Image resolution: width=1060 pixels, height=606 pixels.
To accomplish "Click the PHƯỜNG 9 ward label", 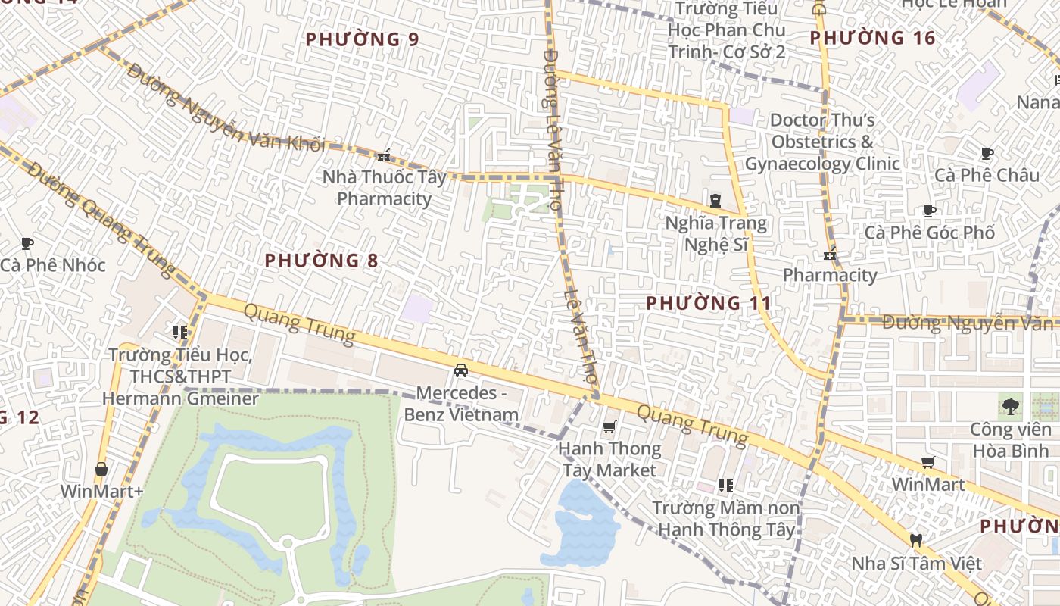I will click(x=362, y=39).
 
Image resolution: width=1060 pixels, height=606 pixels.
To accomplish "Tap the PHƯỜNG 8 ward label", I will click(x=321, y=261).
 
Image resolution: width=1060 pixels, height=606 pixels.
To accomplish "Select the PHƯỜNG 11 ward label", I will click(x=709, y=304).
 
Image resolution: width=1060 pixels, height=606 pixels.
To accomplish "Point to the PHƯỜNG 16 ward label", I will click(x=872, y=38).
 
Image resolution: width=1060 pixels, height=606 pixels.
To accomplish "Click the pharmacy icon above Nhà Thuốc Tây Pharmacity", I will click(x=383, y=156).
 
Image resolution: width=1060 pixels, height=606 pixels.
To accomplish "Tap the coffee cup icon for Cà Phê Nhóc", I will click(x=27, y=244).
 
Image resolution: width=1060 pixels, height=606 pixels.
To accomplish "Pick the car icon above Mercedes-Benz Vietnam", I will click(x=460, y=370).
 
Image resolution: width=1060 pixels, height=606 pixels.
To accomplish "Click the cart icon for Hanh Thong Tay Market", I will click(x=609, y=428).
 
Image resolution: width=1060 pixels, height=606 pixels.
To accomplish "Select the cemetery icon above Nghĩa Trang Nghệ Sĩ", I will click(x=715, y=201).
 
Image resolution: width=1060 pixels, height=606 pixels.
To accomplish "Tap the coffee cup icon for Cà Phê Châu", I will click(x=987, y=154).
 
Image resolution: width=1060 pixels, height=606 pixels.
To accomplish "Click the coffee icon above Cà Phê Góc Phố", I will click(x=930, y=211).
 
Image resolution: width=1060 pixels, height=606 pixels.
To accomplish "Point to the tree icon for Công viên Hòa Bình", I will click(x=1010, y=407).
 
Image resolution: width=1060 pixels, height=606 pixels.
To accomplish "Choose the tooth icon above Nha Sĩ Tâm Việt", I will click(x=915, y=541).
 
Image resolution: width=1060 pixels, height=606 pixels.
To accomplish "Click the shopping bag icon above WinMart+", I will click(x=101, y=469).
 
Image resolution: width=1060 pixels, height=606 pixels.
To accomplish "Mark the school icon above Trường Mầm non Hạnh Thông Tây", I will click(x=726, y=485).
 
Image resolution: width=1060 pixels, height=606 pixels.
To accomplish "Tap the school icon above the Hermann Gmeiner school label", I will click(x=179, y=332).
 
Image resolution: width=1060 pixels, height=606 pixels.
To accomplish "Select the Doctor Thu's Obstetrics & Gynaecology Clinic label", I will click(x=822, y=142).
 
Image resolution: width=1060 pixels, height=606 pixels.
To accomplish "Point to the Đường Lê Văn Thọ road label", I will click(x=553, y=129).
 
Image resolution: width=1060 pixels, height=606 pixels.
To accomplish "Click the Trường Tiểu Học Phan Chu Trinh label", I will click(x=726, y=31).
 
